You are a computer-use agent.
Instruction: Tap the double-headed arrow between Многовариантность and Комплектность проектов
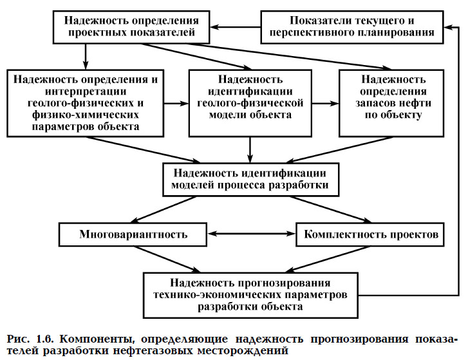251,234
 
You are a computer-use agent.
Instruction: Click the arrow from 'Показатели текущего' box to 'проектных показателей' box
235,27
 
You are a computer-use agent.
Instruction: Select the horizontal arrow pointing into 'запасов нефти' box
325,104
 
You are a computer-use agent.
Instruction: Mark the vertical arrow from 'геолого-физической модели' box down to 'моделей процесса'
250,150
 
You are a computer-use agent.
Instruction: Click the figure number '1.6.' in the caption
45,339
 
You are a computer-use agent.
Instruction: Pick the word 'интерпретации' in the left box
86,91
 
